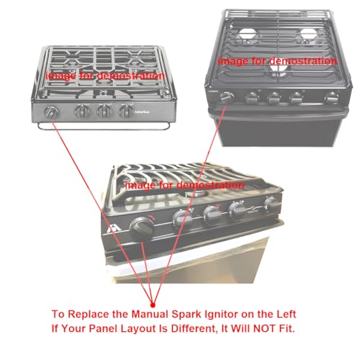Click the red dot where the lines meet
[153, 305]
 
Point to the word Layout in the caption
[138, 329]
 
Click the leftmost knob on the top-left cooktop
[51, 112]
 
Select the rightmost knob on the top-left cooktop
[126, 112]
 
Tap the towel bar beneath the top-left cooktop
[104, 127]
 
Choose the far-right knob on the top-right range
[332, 98]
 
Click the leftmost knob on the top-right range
[227, 97]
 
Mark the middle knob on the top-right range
[274, 98]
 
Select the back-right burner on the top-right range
[309, 36]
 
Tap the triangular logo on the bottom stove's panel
[112, 228]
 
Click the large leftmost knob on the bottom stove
[142, 226]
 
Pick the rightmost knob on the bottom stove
[271, 204]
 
